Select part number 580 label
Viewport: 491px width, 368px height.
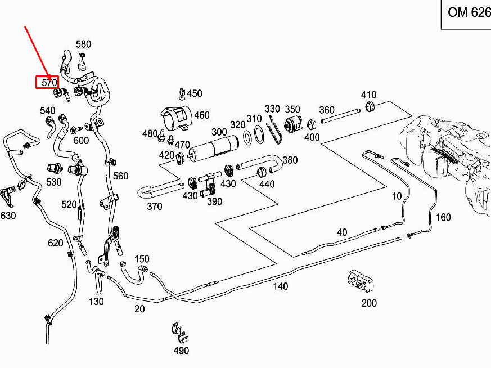(x=83, y=44)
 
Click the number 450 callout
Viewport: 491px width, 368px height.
(x=195, y=94)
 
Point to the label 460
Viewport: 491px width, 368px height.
(x=202, y=116)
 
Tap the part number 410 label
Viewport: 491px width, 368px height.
(x=368, y=95)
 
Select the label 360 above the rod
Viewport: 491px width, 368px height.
(x=327, y=110)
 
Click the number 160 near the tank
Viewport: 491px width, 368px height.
(x=443, y=217)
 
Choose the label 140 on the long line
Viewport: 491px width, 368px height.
(x=281, y=286)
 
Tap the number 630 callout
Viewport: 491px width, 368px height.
(x=8, y=216)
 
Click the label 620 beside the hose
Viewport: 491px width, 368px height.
(x=55, y=243)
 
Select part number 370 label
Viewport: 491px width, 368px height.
(x=155, y=207)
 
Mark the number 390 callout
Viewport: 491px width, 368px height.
(x=214, y=201)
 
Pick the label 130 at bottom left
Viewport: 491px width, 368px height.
(x=96, y=302)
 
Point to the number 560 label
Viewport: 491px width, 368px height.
(x=121, y=176)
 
